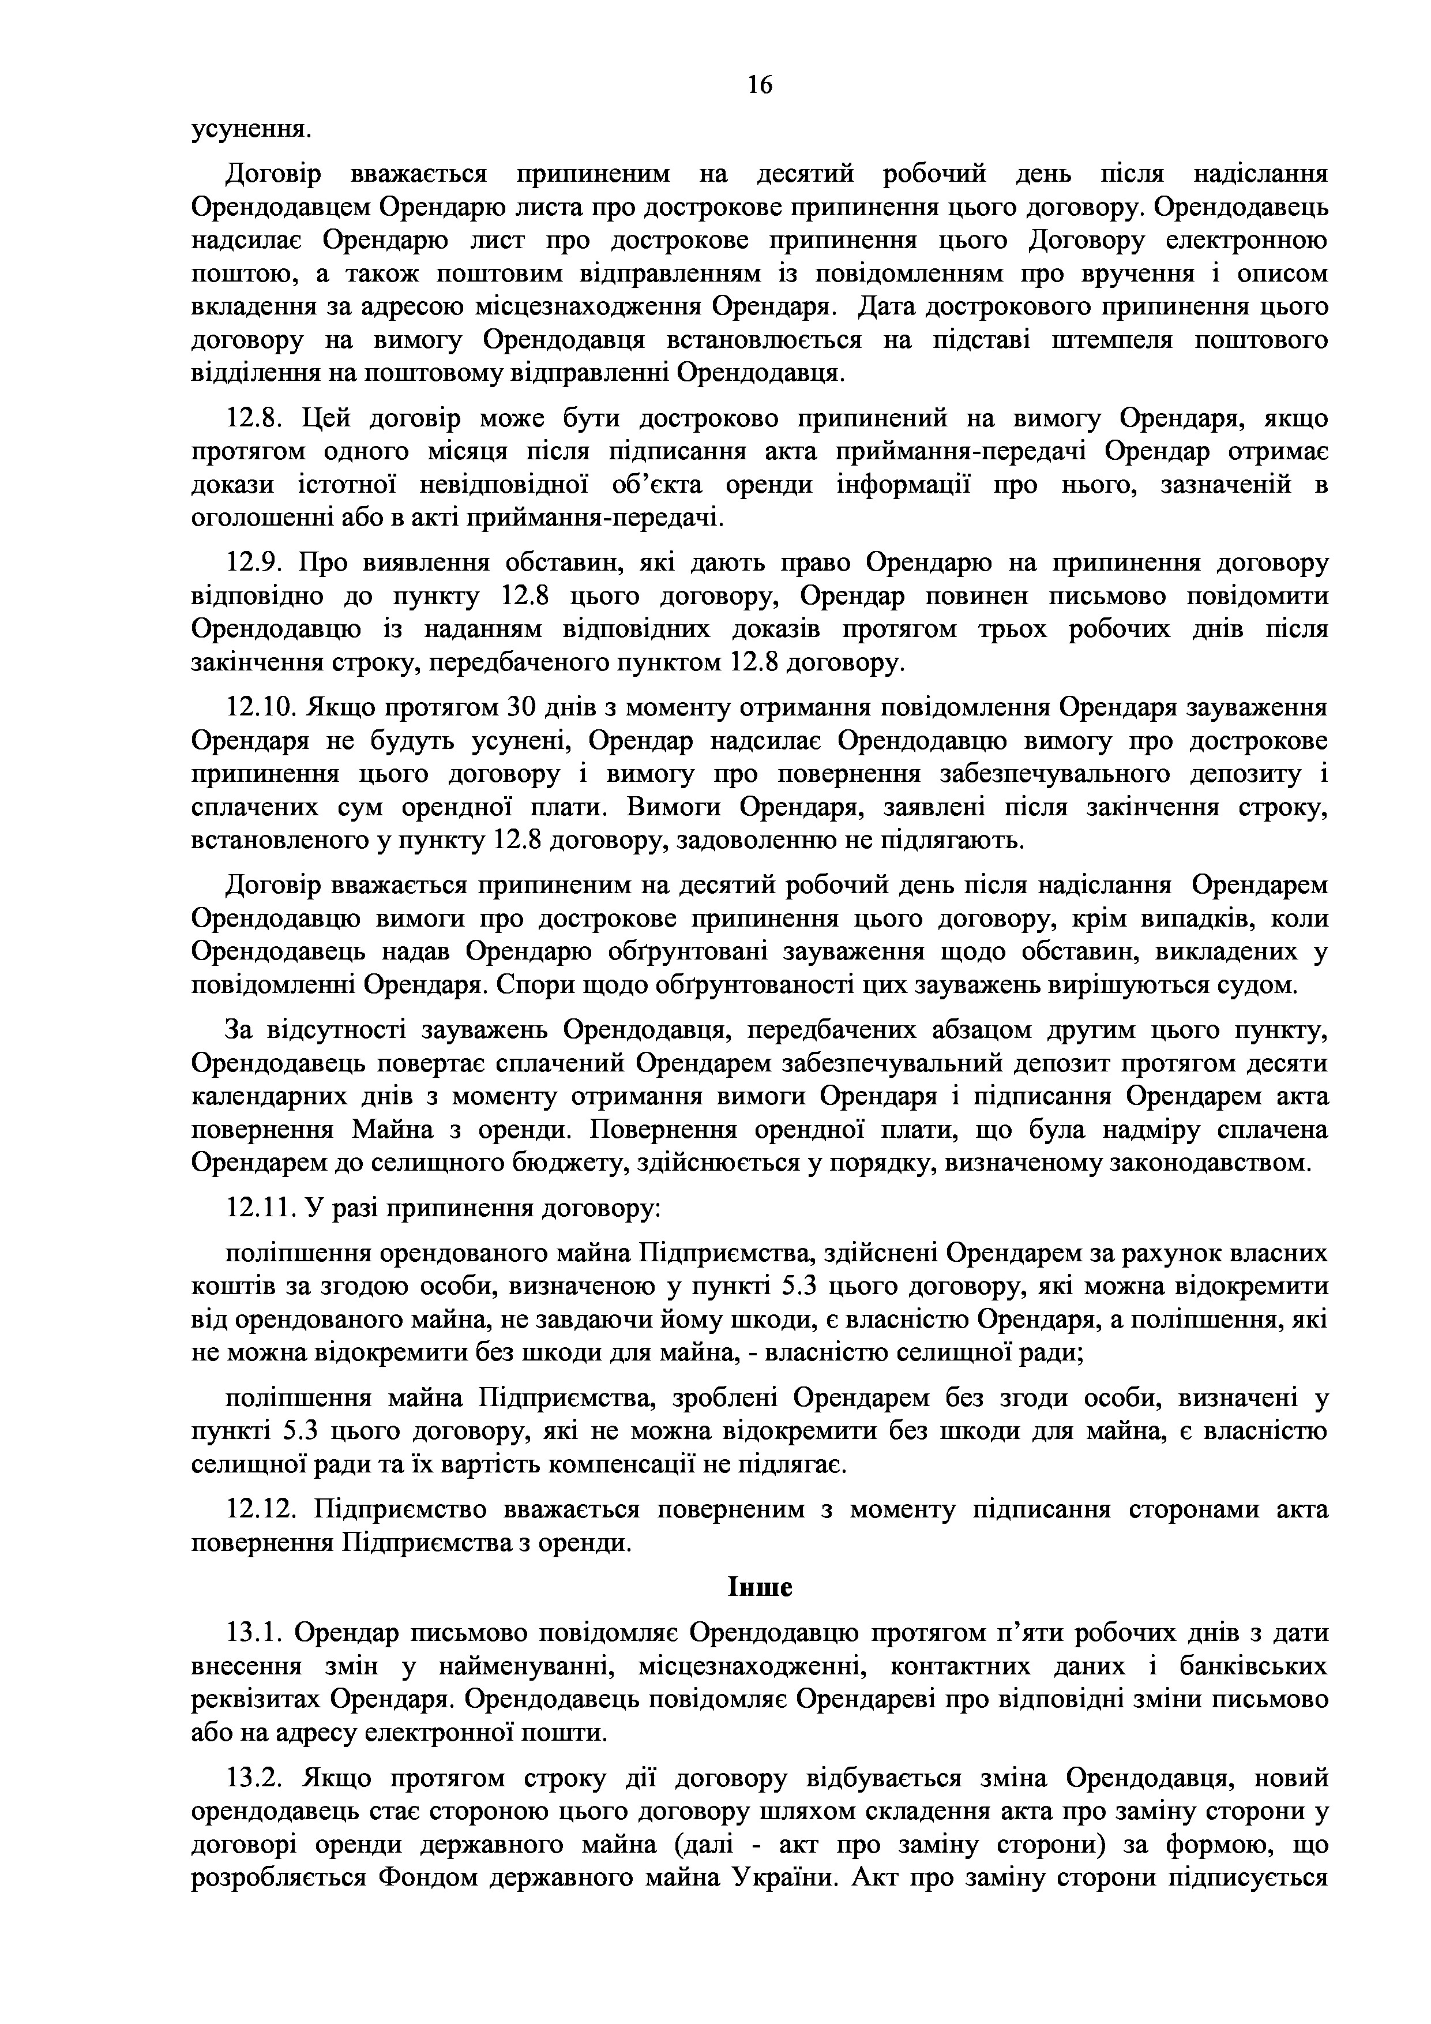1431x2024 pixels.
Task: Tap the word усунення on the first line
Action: click(251, 130)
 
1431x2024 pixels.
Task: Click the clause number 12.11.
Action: click(260, 1208)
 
